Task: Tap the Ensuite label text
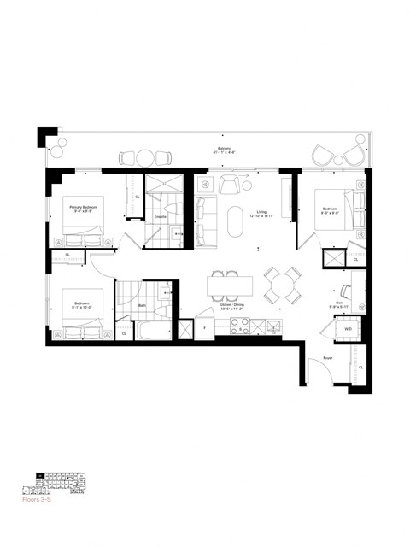pos(159,217)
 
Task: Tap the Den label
pos(339,304)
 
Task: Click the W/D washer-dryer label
pos(348,328)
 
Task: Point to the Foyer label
pos(327,358)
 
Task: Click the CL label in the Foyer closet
pos(360,368)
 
